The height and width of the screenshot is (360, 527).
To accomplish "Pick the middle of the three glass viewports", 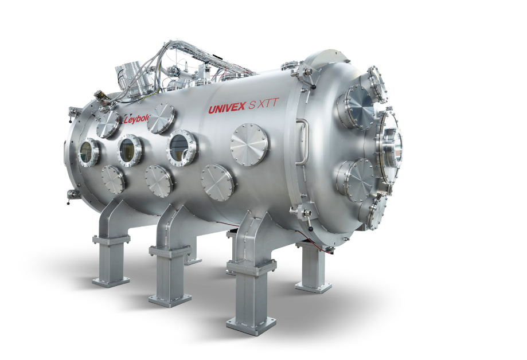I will tap(130, 150).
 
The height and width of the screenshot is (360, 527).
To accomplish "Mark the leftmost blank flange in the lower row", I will tap(113, 179).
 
